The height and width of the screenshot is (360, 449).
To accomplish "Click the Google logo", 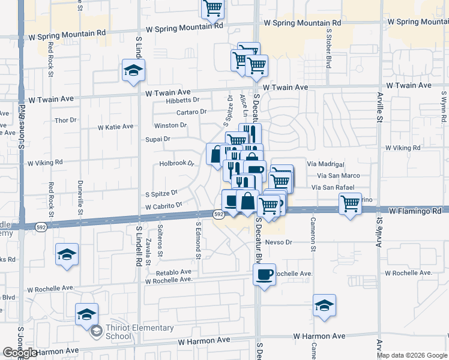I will pos(20,353).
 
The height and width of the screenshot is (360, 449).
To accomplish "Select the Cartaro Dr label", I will pos(191,112).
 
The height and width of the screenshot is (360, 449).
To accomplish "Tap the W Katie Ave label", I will pos(116,127).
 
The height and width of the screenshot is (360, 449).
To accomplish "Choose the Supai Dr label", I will pos(158,139).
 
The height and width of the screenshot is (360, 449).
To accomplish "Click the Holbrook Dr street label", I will pos(177,163).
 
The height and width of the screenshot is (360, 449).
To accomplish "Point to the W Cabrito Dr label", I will pos(163,206).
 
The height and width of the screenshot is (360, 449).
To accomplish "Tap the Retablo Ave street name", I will pos(173,272).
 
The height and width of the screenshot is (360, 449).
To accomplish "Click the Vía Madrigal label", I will pos(325,164).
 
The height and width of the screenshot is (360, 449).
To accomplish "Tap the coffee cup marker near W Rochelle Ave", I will pos(264,275).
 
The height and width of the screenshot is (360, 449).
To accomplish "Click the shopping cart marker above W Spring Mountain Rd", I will pos(212,7).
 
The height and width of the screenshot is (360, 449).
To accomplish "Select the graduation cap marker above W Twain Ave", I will pos(133,71).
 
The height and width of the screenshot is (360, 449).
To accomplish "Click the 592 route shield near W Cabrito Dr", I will pos(219,214).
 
